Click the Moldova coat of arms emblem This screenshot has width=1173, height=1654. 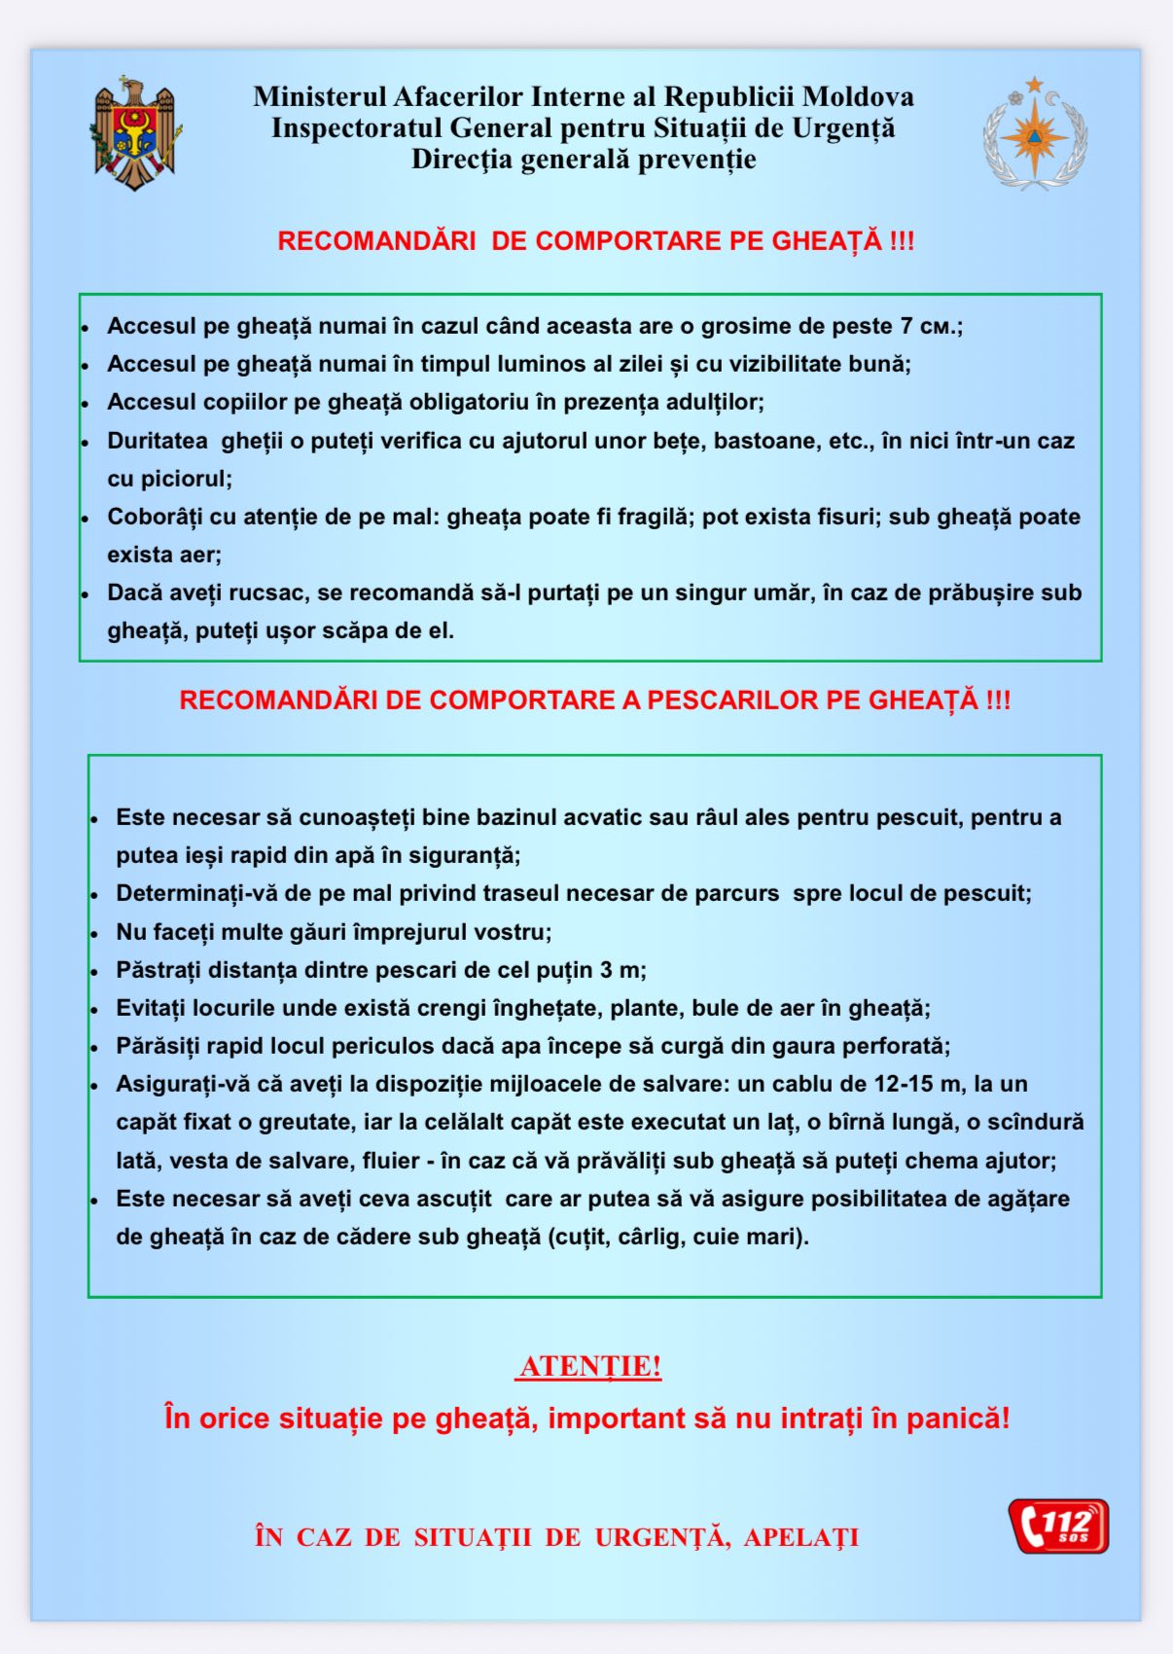136,134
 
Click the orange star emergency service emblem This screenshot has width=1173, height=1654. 1035,134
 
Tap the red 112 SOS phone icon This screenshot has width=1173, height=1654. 1059,1526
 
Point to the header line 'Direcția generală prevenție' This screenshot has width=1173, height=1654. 584,160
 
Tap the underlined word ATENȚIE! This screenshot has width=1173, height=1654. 589,1366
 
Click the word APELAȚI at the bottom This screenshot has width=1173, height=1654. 801,1537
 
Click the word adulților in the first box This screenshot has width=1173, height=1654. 715,402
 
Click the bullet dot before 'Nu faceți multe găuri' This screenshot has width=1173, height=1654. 94,934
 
